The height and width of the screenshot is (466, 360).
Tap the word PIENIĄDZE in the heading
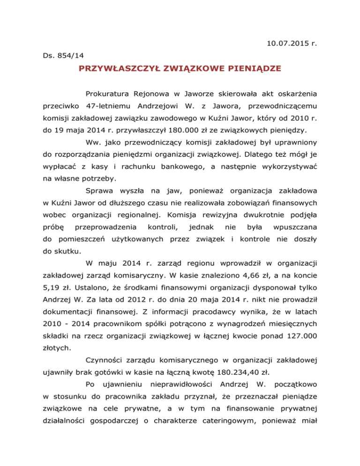[254, 69]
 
